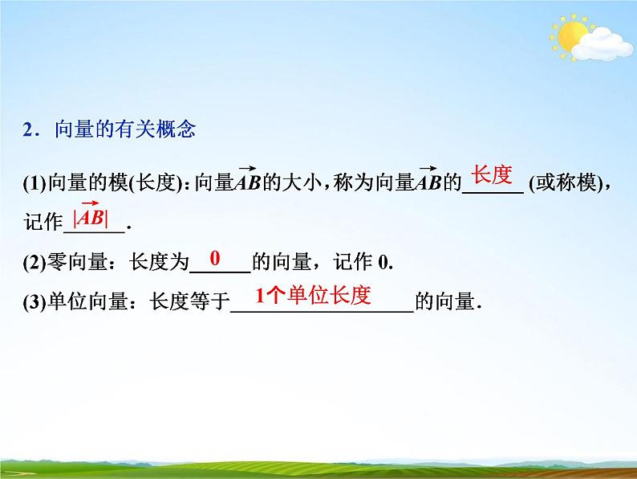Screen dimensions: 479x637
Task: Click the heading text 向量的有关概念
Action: point(124,129)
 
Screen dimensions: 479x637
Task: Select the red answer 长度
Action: point(490,174)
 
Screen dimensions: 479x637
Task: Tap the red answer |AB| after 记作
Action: point(90,217)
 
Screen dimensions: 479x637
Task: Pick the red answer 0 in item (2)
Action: point(214,258)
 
